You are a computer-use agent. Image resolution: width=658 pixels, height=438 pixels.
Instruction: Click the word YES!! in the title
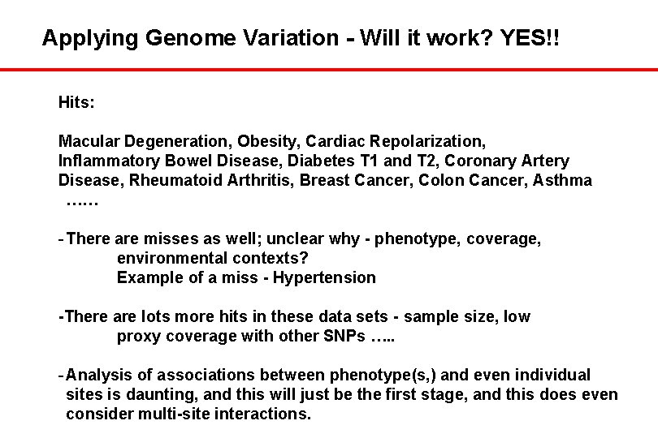[x=520, y=37]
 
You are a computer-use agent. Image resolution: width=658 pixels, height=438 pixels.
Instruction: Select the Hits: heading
[x=76, y=103]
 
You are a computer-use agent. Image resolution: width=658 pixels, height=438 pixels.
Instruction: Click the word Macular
[x=87, y=142]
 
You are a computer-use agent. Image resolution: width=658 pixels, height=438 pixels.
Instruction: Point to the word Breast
[x=324, y=179]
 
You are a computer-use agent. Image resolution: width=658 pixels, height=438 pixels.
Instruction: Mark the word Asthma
[x=562, y=179]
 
